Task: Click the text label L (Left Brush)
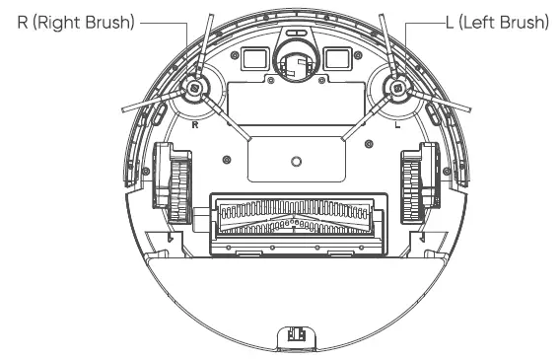tap(492, 21)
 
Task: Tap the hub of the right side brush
tap(193, 88)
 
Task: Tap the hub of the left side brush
tap(398, 88)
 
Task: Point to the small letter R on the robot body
tap(194, 125)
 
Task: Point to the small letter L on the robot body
tap(396, 125)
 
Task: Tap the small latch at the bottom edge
tap(295, 337)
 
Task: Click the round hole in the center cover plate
tap(295, 160)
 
